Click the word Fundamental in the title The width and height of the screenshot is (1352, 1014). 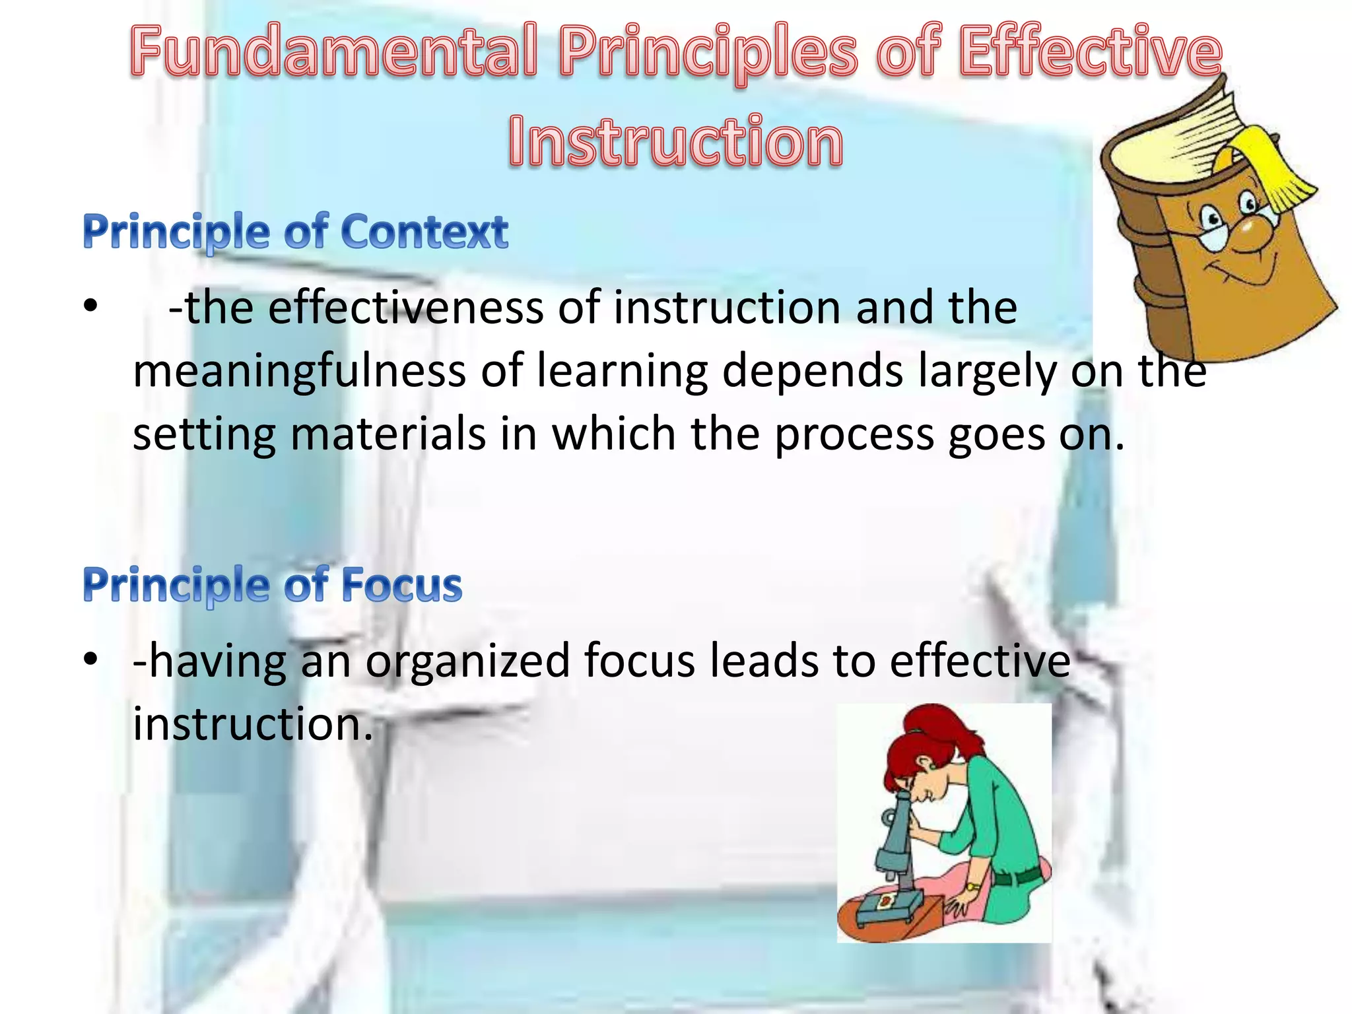coord(334,51)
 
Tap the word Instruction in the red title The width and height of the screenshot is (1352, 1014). coord(675,141)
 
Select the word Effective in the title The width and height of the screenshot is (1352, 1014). coord(1090,51)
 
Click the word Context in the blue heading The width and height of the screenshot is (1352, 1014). coord(424,232)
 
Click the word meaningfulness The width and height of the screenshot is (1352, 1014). coord(299,371)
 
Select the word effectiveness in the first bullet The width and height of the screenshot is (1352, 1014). coord(405,308)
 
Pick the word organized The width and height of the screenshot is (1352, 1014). coord(467,661)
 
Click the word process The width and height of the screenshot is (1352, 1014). coord(854,436)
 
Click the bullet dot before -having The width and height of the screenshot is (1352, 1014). coord(90,659)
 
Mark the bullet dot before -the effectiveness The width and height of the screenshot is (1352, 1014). coord(90,306)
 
